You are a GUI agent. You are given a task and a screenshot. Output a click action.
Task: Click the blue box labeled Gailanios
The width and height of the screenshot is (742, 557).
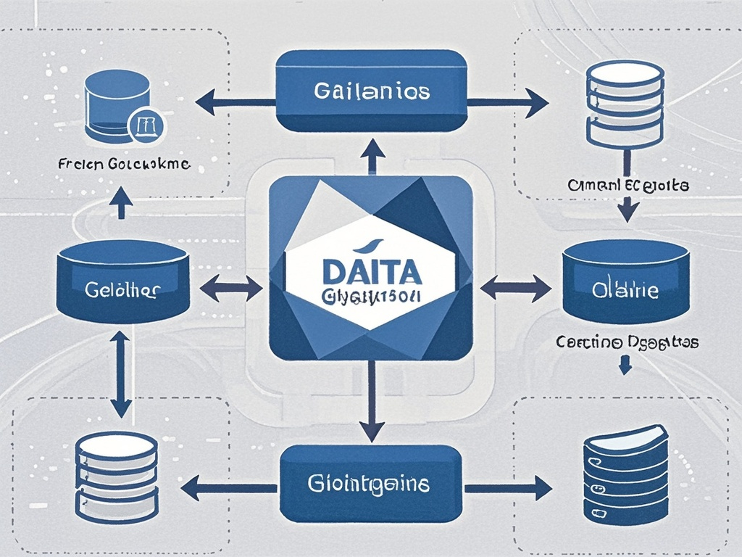pos(371,91)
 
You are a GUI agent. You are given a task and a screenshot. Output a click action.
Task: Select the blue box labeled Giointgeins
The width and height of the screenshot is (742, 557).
pos(371,484)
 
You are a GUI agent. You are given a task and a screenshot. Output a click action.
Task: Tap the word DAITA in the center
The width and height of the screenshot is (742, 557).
pos(370,273)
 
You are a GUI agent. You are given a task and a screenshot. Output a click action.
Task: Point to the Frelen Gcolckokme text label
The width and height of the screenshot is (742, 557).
pos(122,165)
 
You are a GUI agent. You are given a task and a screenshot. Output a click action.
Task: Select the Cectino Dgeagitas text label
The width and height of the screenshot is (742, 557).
pos(627,342)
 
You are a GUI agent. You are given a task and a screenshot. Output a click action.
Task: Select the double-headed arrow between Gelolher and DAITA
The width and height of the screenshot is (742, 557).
pos(231,288)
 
